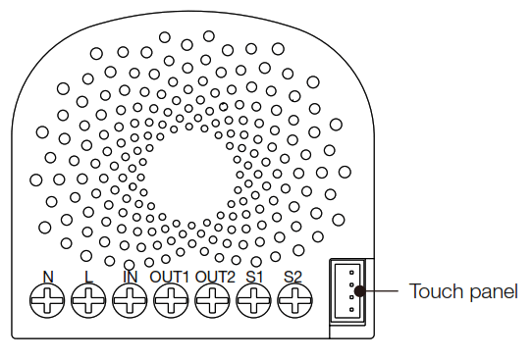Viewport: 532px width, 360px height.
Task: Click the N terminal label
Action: coord(47,276)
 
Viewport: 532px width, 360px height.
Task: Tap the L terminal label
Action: coord(88,276)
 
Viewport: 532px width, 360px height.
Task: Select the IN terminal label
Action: coord(130,276)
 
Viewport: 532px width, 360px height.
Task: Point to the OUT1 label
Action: coord(170,276)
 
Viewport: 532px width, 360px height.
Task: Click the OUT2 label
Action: coord(215,276)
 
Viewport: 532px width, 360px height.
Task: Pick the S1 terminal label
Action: coord(254,276)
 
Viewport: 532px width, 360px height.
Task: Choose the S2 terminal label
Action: coord(293,276)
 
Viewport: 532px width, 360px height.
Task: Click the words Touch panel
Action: coord(463,291)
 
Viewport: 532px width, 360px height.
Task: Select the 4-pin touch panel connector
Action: coord(348,290)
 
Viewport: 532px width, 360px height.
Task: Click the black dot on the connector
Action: coord(360,290)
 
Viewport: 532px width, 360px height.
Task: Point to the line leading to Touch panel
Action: coord(383,290)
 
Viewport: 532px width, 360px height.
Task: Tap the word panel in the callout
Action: coord(493,291)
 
